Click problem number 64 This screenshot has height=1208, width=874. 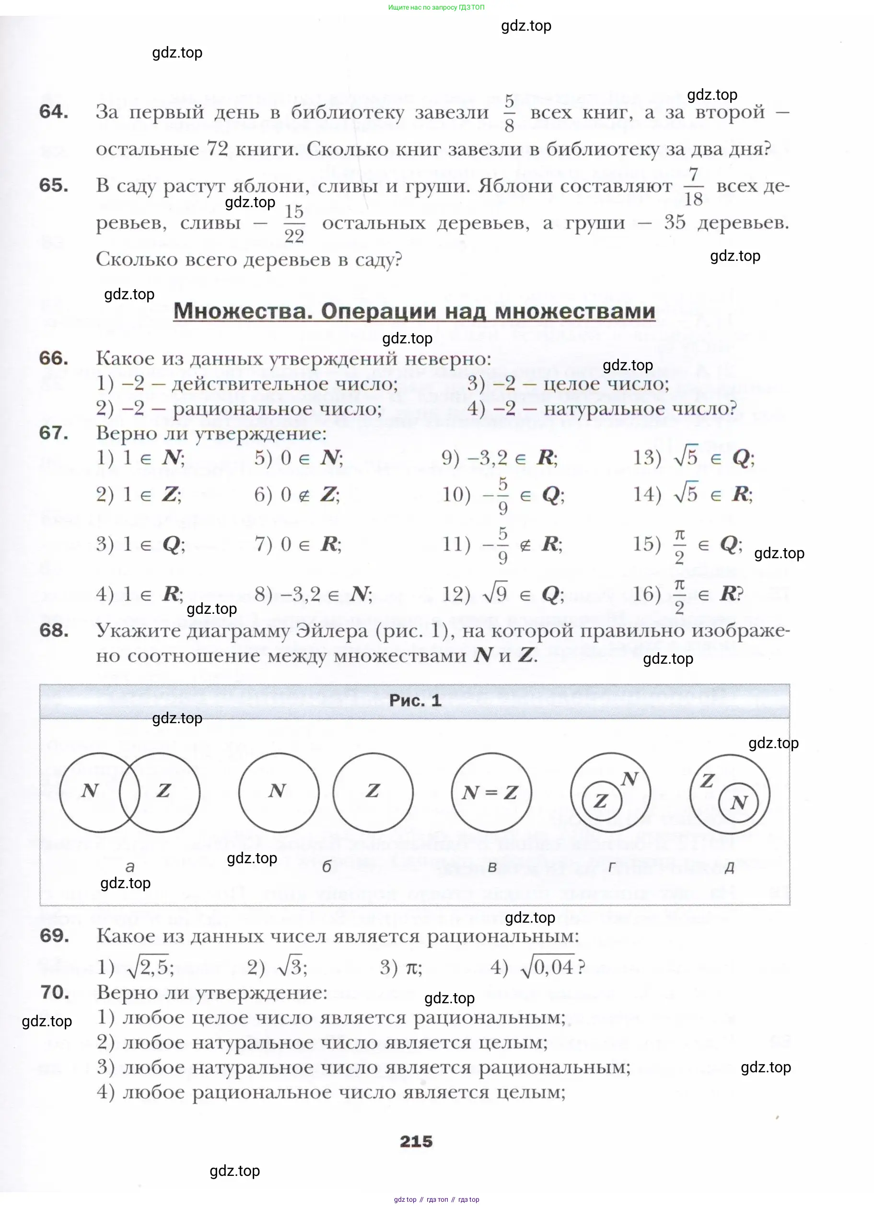coord(54,112)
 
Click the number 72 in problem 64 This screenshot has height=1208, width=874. coord(217,149)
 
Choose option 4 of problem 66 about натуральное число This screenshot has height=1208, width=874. coord(602,409)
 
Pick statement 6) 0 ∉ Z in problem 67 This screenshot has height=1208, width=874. coord(297,495)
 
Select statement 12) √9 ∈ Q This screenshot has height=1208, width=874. coord(503,594)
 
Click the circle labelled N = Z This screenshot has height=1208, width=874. coord(491,793)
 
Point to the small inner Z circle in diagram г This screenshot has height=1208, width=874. coord(601,800)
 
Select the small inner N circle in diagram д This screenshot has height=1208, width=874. coord(738,802)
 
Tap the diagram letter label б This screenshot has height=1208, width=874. coord(326,867)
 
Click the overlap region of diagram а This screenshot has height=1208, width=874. coord(129,793)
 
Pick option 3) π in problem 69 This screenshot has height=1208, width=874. coord(401,967)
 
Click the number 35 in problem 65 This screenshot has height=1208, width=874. coord(674,223)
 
